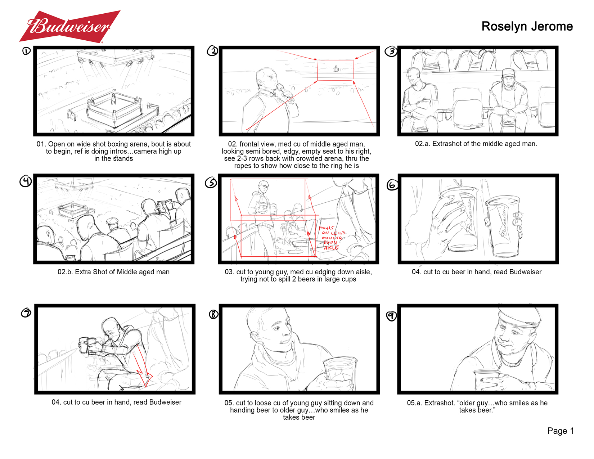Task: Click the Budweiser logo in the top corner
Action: [69, 26]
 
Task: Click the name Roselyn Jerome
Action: [527, 26]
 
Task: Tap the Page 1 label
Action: [560, 431]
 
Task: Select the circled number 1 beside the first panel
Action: [26, 51]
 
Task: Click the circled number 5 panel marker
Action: [211, 183]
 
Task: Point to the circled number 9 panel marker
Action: [391, 316]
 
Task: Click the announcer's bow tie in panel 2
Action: [273, 95]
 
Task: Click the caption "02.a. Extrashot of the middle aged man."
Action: [476, 144]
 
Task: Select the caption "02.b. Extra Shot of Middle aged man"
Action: [113, 272]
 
